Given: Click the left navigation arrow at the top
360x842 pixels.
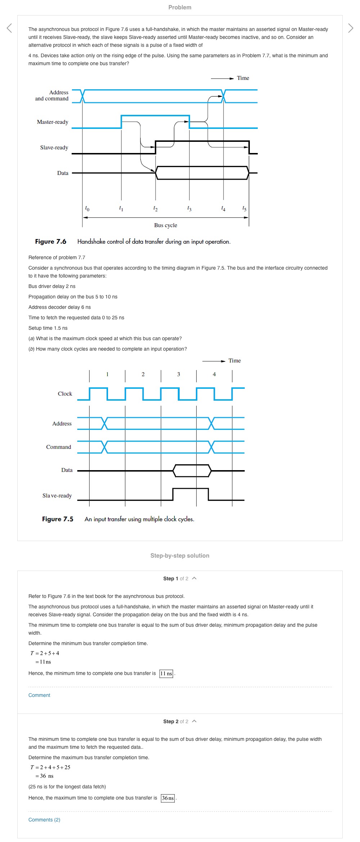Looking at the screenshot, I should pos(9,28).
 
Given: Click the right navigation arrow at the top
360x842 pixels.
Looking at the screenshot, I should pos(351,28).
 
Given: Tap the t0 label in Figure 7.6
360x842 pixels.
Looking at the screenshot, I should pos(87,208).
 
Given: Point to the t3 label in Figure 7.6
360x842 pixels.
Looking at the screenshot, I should pos(189,208).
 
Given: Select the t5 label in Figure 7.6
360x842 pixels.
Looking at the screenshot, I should pos(244,208).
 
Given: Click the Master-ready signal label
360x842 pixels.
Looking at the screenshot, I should pos(53,122).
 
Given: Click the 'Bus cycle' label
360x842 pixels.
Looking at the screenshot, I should pos(166,225).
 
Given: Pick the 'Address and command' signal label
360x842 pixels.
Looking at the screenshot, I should pos(52,95).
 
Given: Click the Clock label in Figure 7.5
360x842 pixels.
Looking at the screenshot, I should pos(65,394).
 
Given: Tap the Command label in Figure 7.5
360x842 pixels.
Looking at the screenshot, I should pos(59,447).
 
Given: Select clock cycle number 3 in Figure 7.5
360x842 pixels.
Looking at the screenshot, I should pos(179,374).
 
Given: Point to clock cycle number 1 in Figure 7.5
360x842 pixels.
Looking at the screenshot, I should pos(107,374).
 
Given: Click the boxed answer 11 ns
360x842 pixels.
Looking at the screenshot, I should pos(166,674).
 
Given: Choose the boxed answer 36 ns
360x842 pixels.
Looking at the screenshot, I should pos(168,798).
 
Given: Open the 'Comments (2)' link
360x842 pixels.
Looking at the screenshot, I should pos(44,820).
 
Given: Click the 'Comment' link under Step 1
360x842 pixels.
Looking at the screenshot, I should pos(39,695).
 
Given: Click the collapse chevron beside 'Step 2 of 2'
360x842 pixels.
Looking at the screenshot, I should pos(194,721).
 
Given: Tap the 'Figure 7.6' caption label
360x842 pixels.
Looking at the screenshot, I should pos(51,242).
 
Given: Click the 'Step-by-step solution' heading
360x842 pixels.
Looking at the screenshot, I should pos(180,555).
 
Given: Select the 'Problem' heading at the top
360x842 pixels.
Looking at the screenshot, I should pos(180,7).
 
